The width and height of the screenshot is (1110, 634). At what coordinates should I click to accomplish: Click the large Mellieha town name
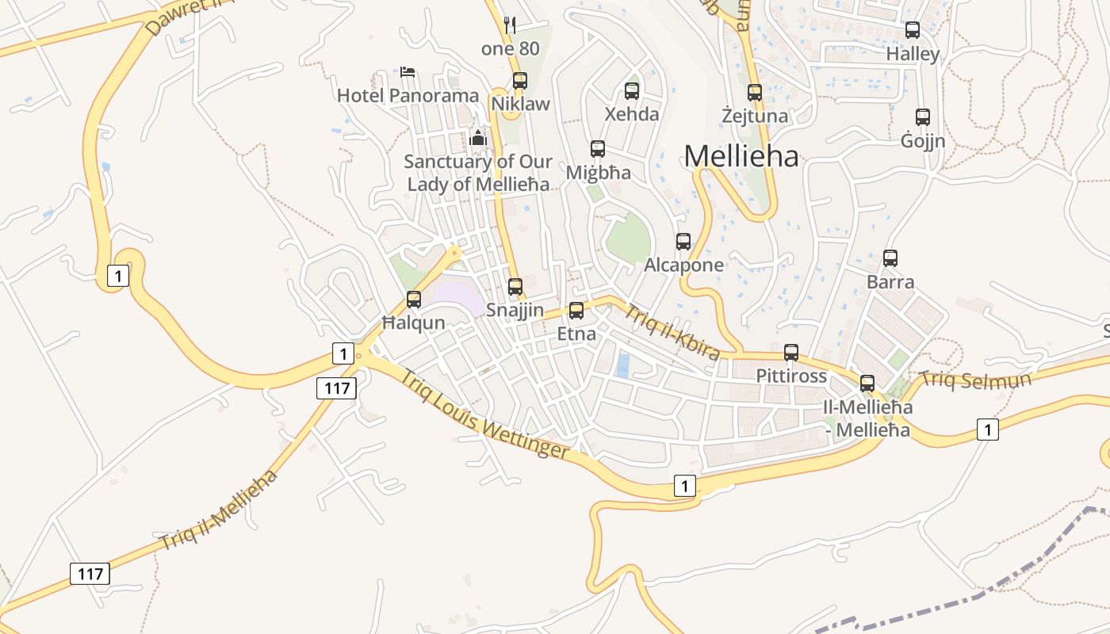741,156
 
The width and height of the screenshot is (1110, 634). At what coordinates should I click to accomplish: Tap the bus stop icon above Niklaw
520,80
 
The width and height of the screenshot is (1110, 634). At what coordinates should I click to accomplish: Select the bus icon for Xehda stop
632,91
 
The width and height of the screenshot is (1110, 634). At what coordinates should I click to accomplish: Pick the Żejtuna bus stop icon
755,93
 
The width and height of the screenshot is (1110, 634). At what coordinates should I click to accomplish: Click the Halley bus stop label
913,55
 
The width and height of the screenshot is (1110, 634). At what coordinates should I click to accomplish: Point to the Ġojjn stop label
923,141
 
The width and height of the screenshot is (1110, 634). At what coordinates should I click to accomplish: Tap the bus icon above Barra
890,258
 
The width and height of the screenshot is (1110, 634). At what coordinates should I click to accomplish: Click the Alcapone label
683,265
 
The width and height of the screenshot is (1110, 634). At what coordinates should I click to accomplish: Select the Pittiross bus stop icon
791,353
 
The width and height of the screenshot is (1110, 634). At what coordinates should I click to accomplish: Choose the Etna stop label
576,334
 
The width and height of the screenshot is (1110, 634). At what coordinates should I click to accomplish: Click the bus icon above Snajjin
515,287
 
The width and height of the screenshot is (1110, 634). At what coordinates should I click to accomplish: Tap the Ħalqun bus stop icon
414,300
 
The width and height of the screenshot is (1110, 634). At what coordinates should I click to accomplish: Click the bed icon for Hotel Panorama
408,72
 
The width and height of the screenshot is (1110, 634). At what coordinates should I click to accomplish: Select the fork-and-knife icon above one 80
510,25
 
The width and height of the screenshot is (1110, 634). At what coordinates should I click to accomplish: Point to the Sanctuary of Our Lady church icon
478,138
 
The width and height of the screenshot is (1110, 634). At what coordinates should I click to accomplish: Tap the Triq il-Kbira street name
672,331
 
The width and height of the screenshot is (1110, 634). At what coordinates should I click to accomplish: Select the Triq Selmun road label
976,380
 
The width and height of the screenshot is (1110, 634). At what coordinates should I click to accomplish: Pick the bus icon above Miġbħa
598,149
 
